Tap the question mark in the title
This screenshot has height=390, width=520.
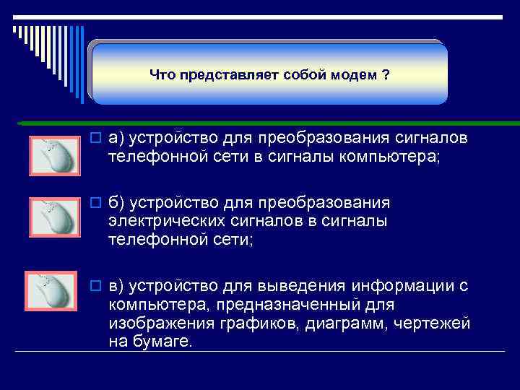click(386, 75)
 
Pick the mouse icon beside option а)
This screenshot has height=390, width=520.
click(51, 155)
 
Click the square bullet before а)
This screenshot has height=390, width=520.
click(97, 137)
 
